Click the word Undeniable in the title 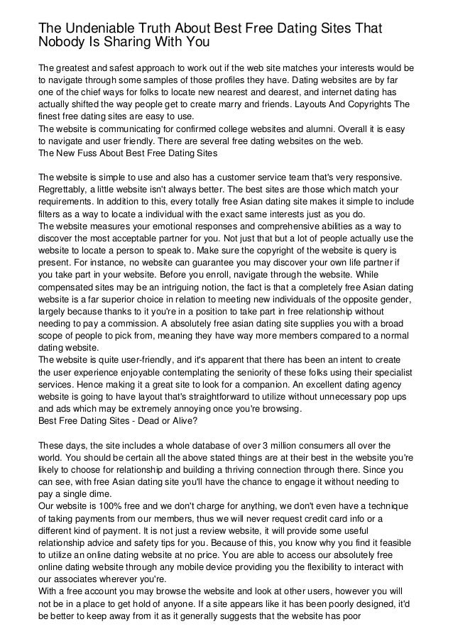point(94,28)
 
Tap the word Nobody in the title point(62,43)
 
